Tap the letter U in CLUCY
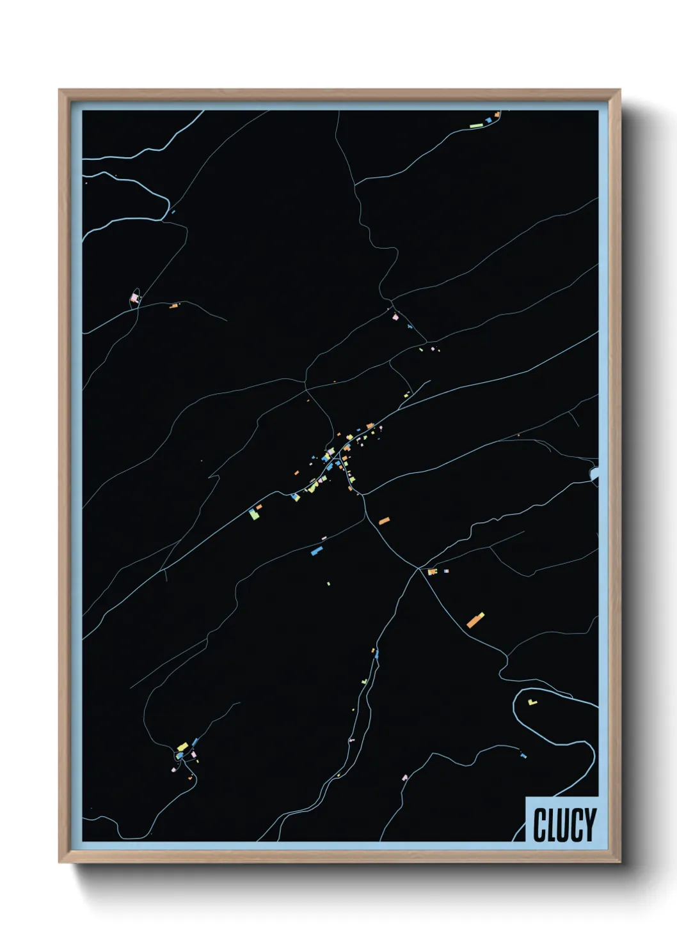coord(559,825)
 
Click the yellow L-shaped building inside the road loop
coord(532,702)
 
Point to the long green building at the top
coord(476,126)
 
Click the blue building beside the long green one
coord(489,120)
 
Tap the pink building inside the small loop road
coord(134,297)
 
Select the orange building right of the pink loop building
coord(173,306)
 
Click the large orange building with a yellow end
coord(475,620)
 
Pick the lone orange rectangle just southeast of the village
coord(384,521)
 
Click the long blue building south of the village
coord(316,550)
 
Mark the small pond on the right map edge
coord(594,474)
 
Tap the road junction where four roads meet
coord(418,568)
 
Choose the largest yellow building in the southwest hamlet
coord(182,746)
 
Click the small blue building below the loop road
coord(523,756)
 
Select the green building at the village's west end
coord(254,514)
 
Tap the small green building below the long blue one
coord(328,583)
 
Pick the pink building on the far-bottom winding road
coord(404,777)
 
